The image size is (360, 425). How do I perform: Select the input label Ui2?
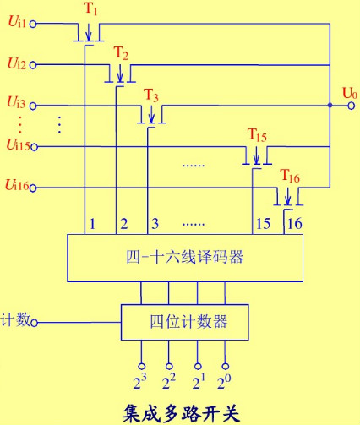tap(16, 63)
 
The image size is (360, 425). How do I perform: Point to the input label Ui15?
tap(18, 145)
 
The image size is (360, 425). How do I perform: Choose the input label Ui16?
tap(18, 184)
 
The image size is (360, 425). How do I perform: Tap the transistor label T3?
tap(151, 94)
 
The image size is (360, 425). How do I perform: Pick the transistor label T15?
tap(257, 135)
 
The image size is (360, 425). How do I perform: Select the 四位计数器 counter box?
tap(187, 321)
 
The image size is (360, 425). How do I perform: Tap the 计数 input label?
tap(16, 319)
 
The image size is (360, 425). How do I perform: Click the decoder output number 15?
tap(261, 224)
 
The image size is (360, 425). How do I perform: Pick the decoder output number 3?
tap(154, 224)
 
